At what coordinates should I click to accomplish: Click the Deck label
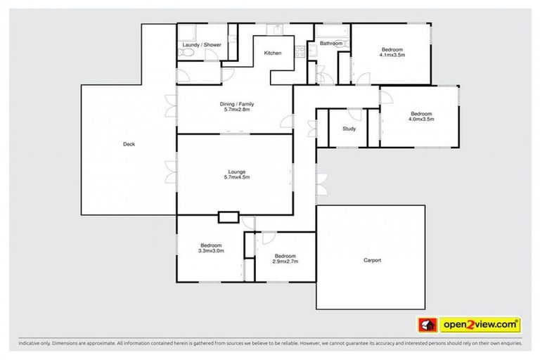(129, 144)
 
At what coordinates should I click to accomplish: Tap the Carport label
(372, 260)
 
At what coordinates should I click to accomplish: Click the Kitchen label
(272, 53)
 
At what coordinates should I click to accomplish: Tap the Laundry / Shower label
(201, 45)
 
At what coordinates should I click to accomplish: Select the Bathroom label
(330, 44)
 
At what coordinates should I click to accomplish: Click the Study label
(349, 129)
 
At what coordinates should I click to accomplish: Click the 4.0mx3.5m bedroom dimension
(420, 120)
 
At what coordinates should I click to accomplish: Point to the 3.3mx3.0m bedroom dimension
(211, 251)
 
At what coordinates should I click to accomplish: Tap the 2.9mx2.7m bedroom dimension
(285, 262)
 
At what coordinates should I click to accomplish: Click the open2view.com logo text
(481, 324)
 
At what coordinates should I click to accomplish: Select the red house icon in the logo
(425, 324)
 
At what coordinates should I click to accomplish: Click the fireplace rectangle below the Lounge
(229, 217)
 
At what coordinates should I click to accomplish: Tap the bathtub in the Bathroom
(331, 32)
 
